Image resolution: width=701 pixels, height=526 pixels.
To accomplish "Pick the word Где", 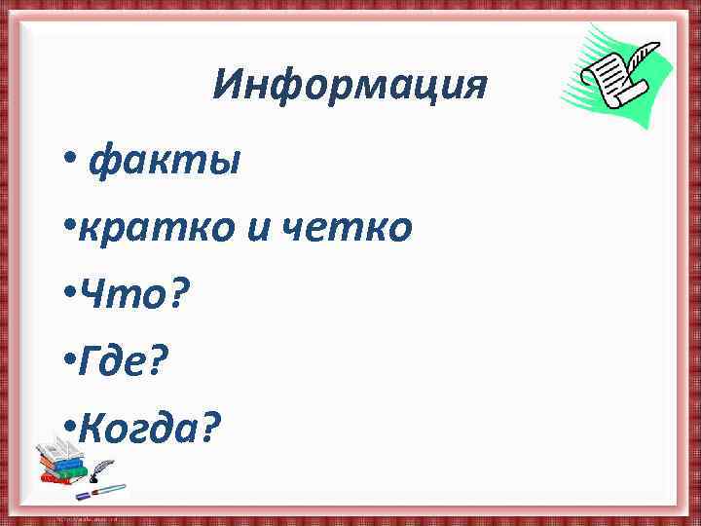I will (x=116, y=358).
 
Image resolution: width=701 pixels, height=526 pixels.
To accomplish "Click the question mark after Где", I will (x=158, y=358).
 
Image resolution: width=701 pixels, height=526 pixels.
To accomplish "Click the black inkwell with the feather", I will (x=97, y=476).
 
